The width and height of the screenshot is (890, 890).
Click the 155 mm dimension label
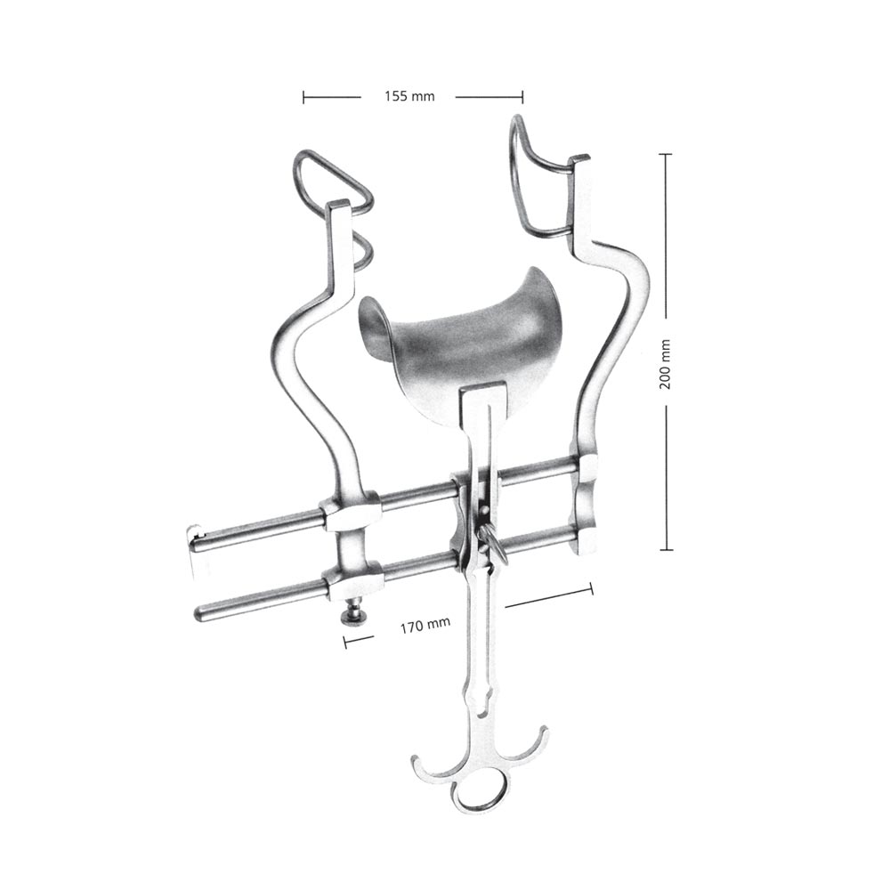[x=409, y=96]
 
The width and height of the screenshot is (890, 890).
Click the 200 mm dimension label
[x=665, y=364]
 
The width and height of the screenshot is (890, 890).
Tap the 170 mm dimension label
[x=425, y=625]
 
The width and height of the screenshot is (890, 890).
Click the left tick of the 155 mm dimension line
[x=303, y=98]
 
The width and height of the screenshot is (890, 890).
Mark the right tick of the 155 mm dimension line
[x=522, y=98]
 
